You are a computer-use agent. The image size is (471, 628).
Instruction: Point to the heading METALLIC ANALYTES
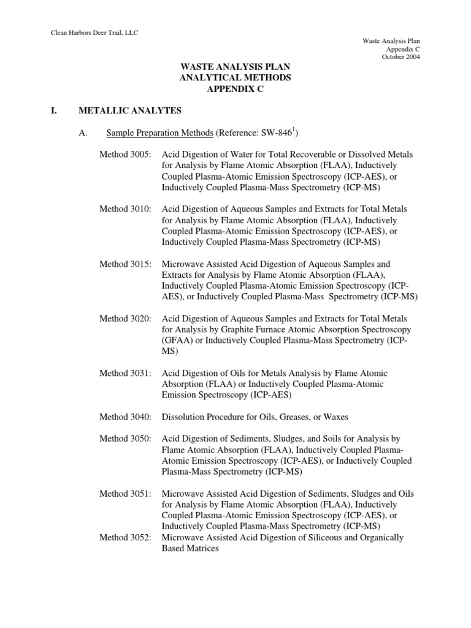pos(130,110)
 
